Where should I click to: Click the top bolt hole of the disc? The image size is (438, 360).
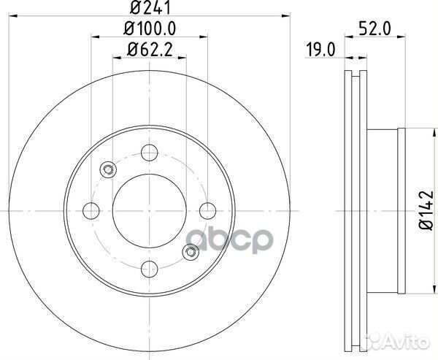(x=150, y=153)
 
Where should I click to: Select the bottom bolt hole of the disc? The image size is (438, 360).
(x=150, y=267)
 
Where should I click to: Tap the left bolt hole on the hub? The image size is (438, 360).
(x=93, y=210)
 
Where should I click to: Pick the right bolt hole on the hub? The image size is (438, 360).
(x=207, y=210)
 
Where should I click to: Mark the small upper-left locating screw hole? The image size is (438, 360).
(x=108, y=169)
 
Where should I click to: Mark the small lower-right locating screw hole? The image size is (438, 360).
(x=192, y=252)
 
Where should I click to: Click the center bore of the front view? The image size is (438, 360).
(x=150, y=210)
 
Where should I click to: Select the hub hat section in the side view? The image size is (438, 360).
(x=385, y=210)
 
